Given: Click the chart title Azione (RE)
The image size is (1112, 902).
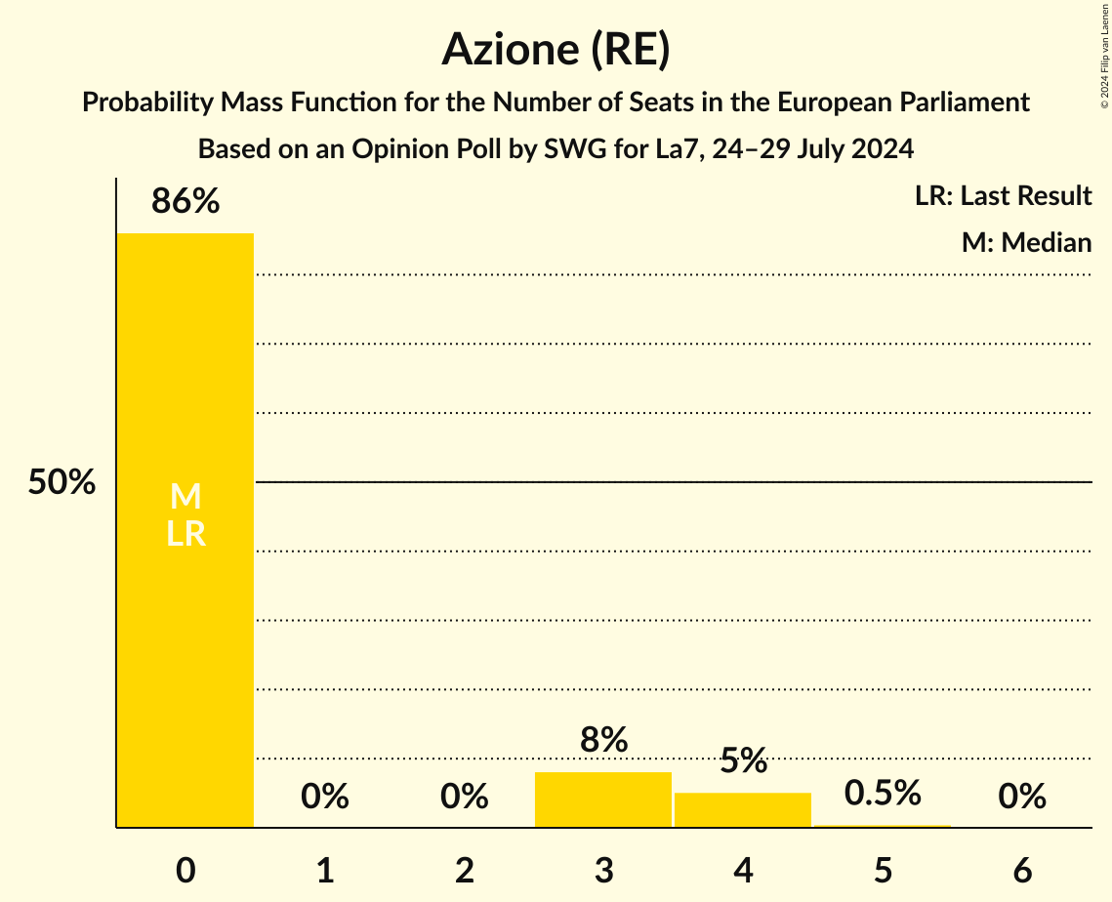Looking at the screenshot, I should tap(556, 50).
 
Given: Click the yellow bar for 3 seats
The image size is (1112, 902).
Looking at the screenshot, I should tap(603, 799).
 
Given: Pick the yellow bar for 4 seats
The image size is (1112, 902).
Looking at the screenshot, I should tap(743, 809).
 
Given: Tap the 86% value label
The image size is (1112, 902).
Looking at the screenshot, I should tap(185, 201).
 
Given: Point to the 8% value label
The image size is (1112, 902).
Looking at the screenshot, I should tap(603, 740).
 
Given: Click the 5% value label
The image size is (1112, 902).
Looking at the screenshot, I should tap(743, 760).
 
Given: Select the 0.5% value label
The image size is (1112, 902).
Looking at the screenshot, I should tap(883, 793).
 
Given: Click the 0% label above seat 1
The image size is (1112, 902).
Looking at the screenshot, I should tap(325, 797).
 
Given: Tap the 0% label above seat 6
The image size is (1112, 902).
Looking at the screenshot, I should tap(1022, 797).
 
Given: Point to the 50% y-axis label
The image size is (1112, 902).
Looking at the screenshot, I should tap(62, 482).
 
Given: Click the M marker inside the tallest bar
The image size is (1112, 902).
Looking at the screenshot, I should tap(185, 497).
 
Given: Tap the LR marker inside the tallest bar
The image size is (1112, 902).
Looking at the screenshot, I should tap(185, 533).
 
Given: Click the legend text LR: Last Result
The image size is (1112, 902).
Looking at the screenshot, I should tap(1003, 196).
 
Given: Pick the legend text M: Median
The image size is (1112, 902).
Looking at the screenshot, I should tap(1026, 242).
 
